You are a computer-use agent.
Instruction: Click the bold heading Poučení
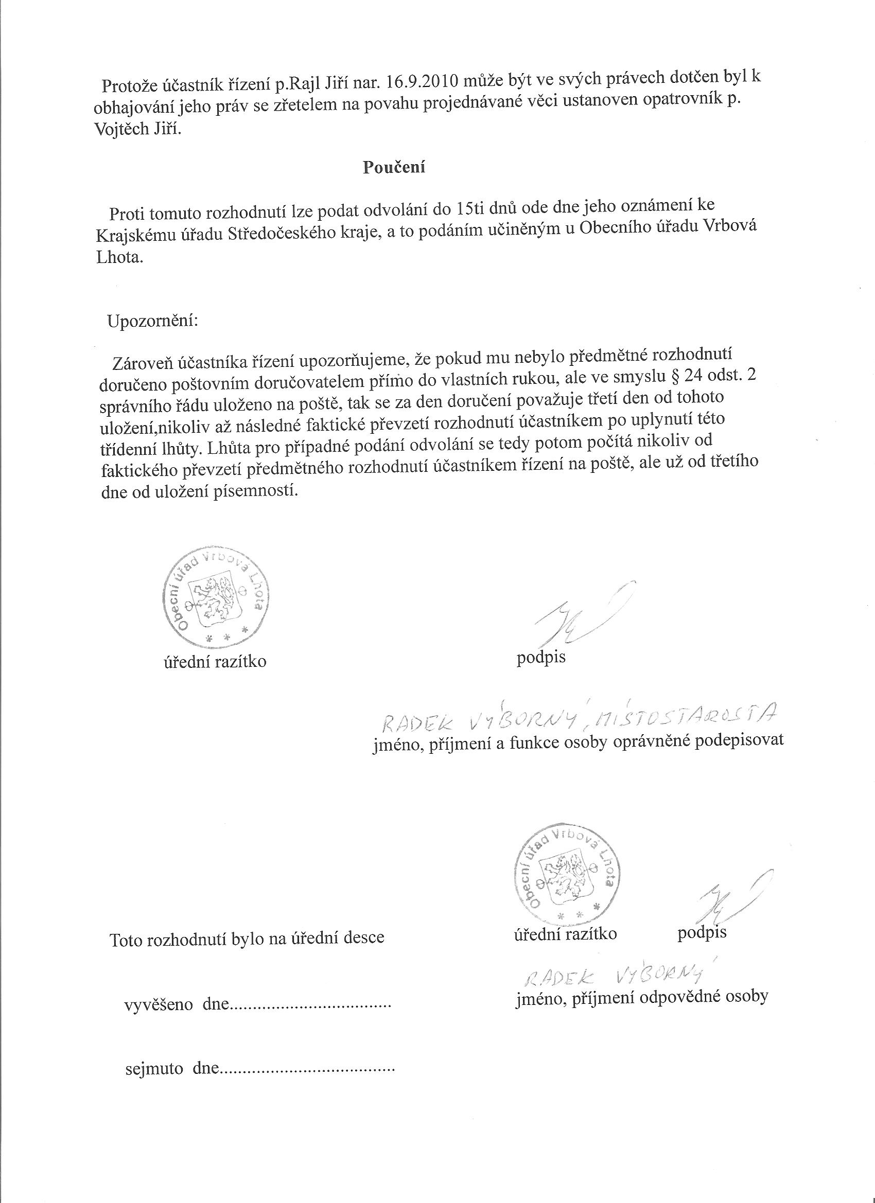click(394, 167)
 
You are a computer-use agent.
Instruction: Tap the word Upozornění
click(152, 321)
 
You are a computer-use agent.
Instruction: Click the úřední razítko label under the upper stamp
click(215, 661)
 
